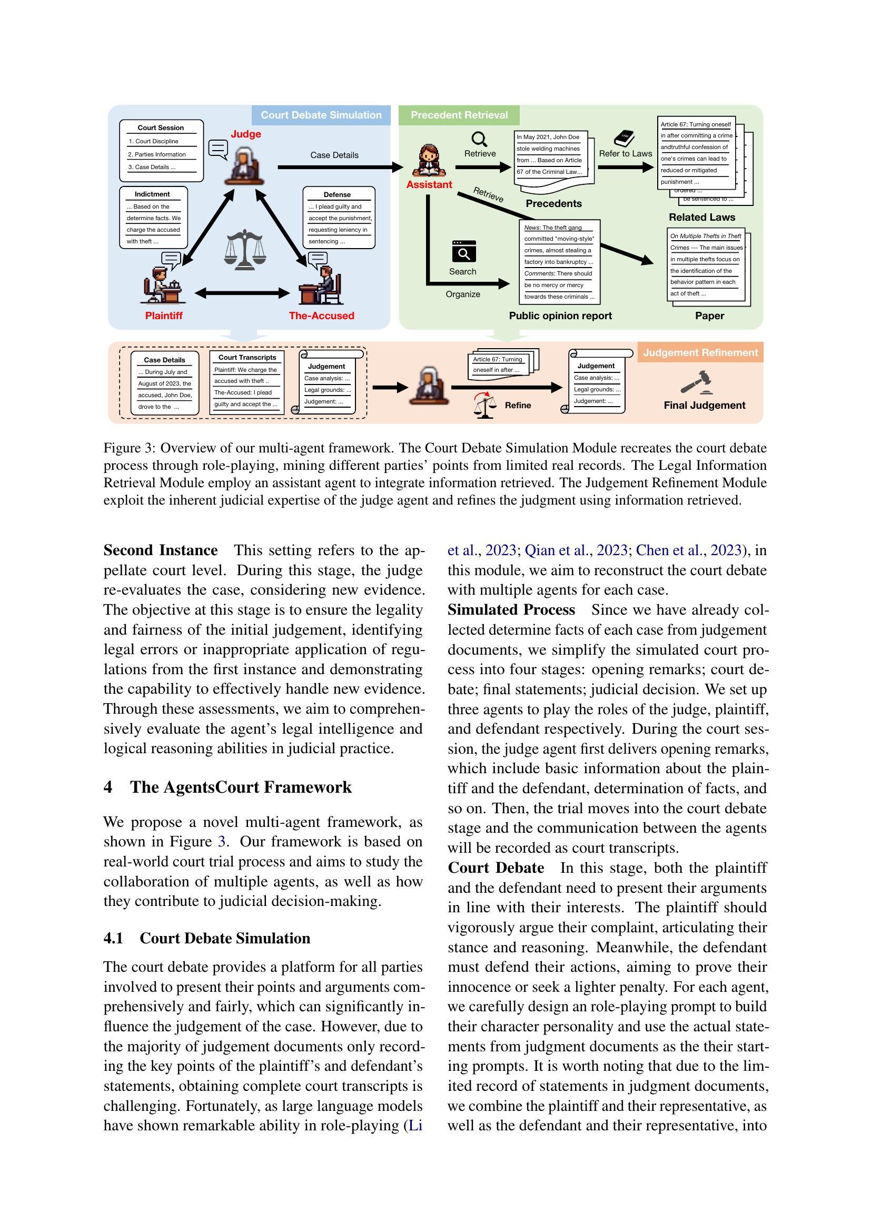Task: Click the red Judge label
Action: pos(245,134)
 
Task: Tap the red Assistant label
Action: pos(429,184)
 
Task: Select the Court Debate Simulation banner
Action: pos(321,115)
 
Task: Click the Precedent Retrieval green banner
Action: pos(459,115)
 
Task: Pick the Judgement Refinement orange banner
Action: pos(700,352)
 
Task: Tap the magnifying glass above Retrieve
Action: pos(480,139)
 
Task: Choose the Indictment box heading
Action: pos(152,194)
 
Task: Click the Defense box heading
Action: pos(337,194)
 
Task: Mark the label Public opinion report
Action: pos(560,316)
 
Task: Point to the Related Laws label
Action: pos(701,218)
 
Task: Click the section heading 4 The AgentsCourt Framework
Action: pos(227,787)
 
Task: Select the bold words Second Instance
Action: pos(161,550)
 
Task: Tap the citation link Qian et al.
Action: pos(548,550)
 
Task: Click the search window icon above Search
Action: pos(463,251)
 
